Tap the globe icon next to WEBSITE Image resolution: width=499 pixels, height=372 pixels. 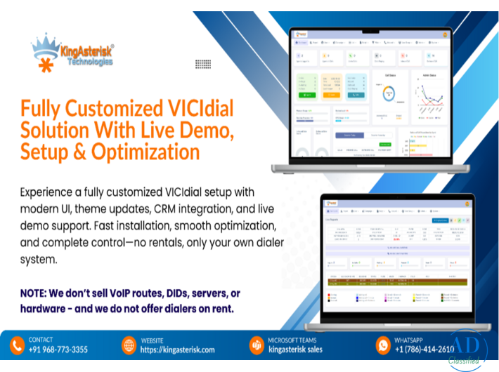click(x=129, y=345)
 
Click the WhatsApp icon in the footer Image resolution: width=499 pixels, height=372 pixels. click(x=383, y=345)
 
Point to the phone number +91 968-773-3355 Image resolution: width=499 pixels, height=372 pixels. click(x=58, y=350)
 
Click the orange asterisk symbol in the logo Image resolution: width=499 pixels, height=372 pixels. click(x=44, y=67)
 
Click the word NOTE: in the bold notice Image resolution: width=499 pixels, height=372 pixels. click(x=39, y=293)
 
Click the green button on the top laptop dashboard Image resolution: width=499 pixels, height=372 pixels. click(x=310, y=94)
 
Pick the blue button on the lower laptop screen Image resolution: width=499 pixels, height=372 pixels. click(x=441, y=220)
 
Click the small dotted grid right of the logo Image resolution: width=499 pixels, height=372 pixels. click(x=203, y=64)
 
